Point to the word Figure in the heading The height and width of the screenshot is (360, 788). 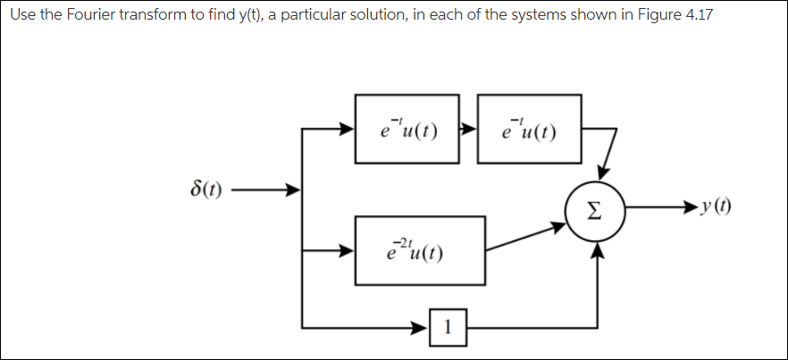655,18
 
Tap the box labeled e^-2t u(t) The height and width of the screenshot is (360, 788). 420,250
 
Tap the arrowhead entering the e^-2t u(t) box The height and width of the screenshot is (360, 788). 347,251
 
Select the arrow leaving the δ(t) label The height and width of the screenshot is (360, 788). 268,190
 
